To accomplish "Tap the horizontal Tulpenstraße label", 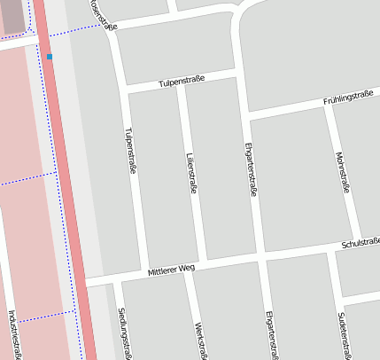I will pos(182,82).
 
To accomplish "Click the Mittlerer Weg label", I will pos(171,268).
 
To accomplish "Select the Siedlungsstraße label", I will pos(124,333).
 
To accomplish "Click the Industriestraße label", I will pos(12,333).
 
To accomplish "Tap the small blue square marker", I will pos(50,57).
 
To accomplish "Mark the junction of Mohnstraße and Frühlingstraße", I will pos(328,106).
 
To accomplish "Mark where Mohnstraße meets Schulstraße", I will pos(357,247).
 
